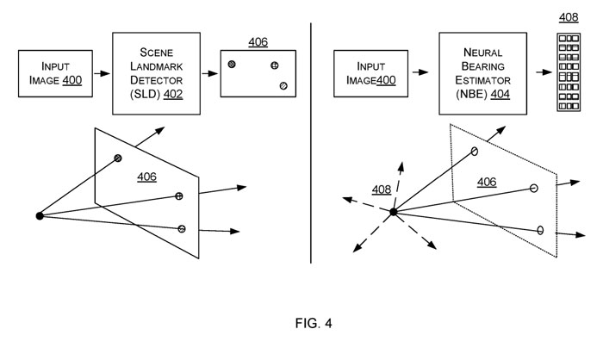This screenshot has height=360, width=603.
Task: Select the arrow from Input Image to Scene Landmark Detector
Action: pyautogui.click(x=101, y=73)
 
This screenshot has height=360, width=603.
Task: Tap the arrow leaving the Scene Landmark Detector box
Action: pyautogui.click(x=209, y=73)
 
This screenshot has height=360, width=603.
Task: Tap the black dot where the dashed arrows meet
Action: pyautogui.click(x=393, y=212)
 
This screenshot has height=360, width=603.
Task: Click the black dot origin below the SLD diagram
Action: pyautogui.click(x=39, y=214)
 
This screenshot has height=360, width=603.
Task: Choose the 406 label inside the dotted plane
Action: pyautogui.click(x=488, y=183)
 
